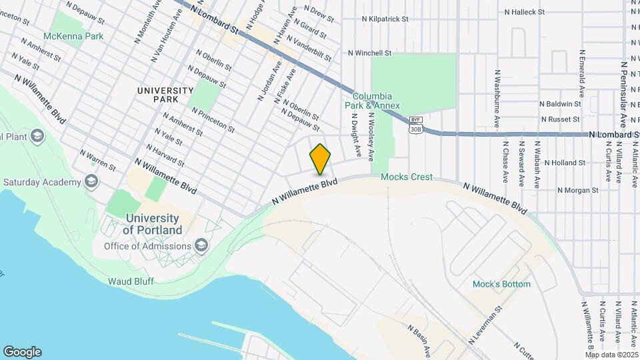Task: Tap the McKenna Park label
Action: (x=73, y=36)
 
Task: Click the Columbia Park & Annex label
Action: (x=372, y=101)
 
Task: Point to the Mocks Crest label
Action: (x=407, y=177)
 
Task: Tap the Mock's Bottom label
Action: (x=501, y=284)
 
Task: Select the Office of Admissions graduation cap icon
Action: (x=201, y=246)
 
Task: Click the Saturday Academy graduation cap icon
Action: (x=91, y=182)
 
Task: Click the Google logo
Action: (x=22, y=351)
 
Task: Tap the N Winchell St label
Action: (x=369, y=53)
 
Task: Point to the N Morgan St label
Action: (x=577, y=191)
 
